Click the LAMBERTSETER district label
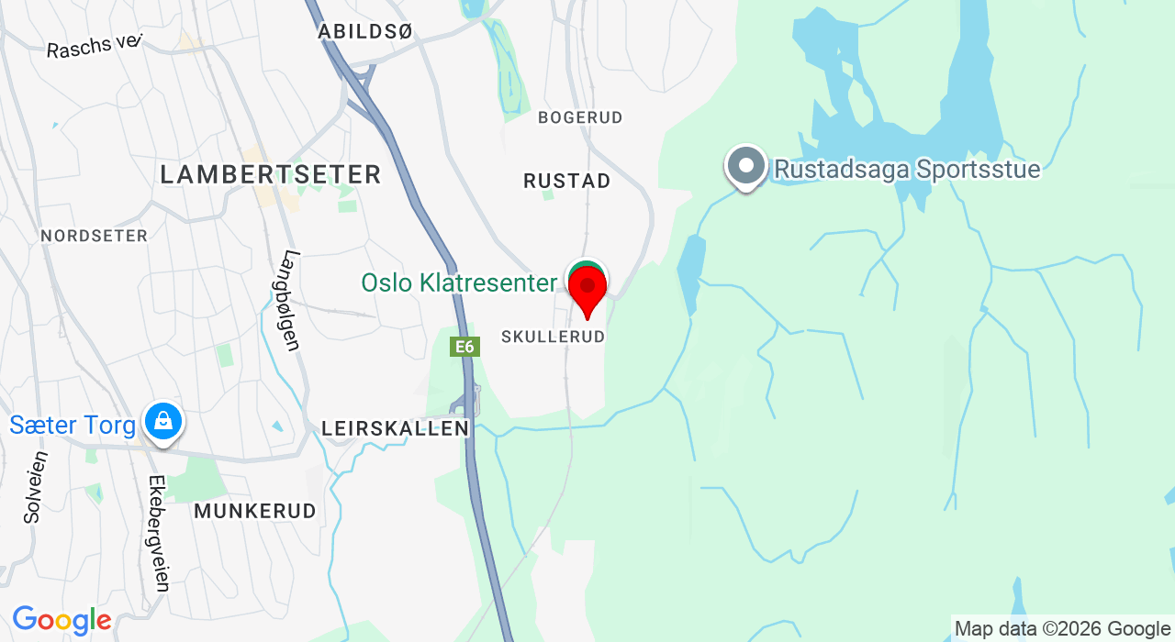coord(271,174)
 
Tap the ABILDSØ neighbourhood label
coord(365,31)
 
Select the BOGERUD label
coord(580,117)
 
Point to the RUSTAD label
coord(567,181)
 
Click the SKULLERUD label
coord(554,337)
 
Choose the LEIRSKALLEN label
coord(396,428)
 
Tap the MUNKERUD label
coord(255,511)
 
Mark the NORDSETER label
coord(95,236)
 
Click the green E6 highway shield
coord(465,347)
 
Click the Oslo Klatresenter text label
coord(459,282)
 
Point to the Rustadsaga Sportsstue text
coord(907,170)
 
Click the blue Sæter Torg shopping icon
coord(162,422)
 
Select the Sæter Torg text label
coord(73,425)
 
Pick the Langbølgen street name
coord(291,301)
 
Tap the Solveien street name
coord(34,487)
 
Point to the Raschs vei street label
coord(95,45)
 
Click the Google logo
coord(62,621)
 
